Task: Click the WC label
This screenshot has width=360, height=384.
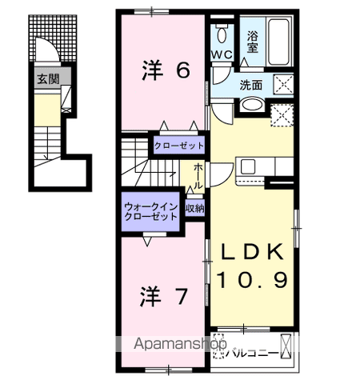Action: coord(221,54)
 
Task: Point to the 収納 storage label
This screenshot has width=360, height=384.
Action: coord(194,209)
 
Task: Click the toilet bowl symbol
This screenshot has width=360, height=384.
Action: coord(221,35)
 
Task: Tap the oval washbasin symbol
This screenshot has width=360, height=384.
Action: coord(250,105)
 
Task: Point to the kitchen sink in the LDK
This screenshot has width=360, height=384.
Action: coord(247,167)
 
